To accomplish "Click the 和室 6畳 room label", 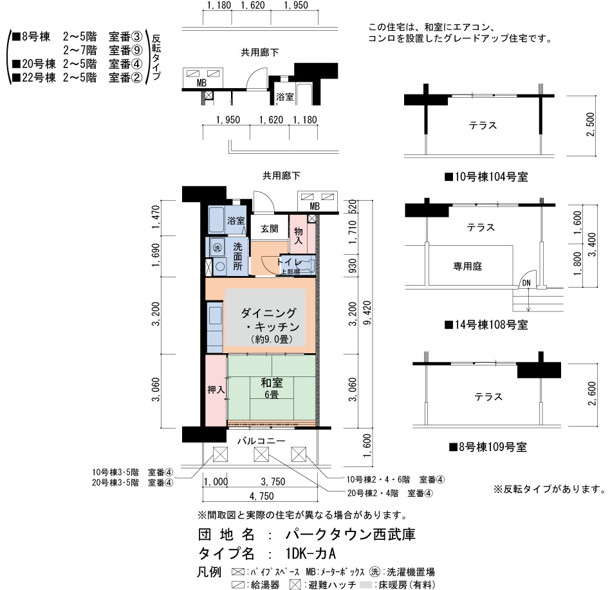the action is coord(272,388).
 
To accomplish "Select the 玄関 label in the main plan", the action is coord(269,228).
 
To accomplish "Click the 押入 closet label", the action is coord(216,389).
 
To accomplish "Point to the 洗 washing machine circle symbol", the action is coord(217,248).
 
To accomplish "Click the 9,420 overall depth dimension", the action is coord(367,313).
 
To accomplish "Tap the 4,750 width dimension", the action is coord(261,496).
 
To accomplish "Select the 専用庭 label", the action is coord(468,266).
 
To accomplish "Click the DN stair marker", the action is coord(526,283).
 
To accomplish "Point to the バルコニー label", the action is coord(261,441).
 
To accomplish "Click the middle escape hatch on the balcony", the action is coord(261,454).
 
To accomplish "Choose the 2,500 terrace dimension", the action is coord(590,124).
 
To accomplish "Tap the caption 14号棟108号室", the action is coord(486,325).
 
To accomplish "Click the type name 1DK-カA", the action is coord(310,553).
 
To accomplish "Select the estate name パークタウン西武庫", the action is coord(351,535).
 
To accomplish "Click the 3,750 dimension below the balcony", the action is coord(273,482).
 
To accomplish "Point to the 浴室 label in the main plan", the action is coord(236,221).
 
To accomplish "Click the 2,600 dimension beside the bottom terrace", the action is coord(592,394).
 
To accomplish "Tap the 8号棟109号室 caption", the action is coord(488,447).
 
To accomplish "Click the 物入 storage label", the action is coord(299,235).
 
